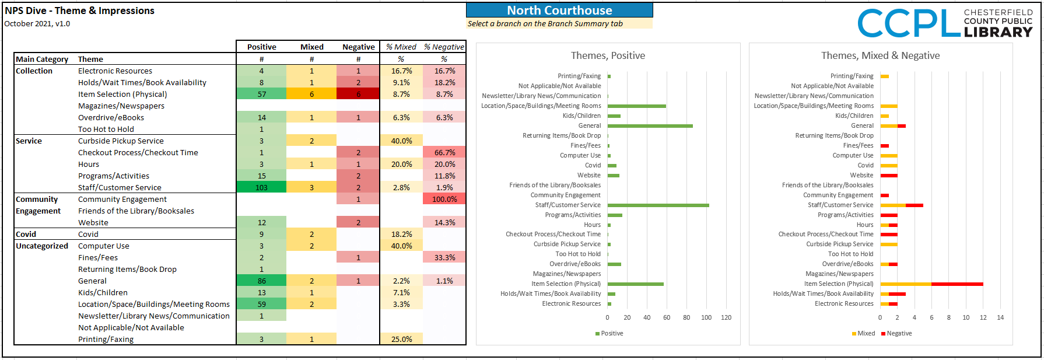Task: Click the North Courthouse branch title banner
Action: [559, 11]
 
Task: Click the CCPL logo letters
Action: [909, 23]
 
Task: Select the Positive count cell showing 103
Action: [261, 187]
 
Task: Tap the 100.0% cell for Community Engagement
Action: [444, 199]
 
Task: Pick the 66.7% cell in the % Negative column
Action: [444, 152]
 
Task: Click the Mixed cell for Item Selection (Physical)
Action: [311, 94]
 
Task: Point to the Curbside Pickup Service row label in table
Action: [121, 141]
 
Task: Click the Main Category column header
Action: [42, 59]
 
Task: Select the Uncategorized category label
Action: [42, 246]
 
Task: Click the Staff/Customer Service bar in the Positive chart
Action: [658, 205]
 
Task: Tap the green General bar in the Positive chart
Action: [650, 126]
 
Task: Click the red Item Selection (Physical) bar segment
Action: [957, 284]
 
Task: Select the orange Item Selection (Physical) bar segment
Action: [906, 284]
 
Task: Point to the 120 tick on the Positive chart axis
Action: [726, 317]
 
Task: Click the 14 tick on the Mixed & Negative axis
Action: [1000, 317]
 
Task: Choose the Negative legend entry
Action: [896, 333]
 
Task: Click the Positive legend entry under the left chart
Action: [609, 333]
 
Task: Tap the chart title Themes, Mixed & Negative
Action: [880, 55]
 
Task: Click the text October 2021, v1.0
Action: [37, 24]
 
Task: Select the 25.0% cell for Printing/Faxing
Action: [401, 339]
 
